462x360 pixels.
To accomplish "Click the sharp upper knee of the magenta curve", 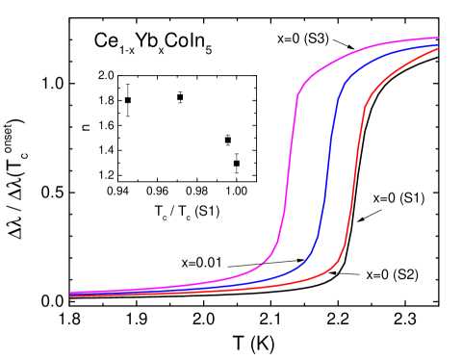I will tap(298, 93).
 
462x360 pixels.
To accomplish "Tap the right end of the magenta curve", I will tap(440, 39).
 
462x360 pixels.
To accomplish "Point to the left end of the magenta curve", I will tap(70, 292).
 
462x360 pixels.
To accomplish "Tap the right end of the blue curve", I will tap(440, 44).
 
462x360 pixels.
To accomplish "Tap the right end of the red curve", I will tap(440, 49).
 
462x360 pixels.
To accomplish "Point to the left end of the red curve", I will tap(70, 296).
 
